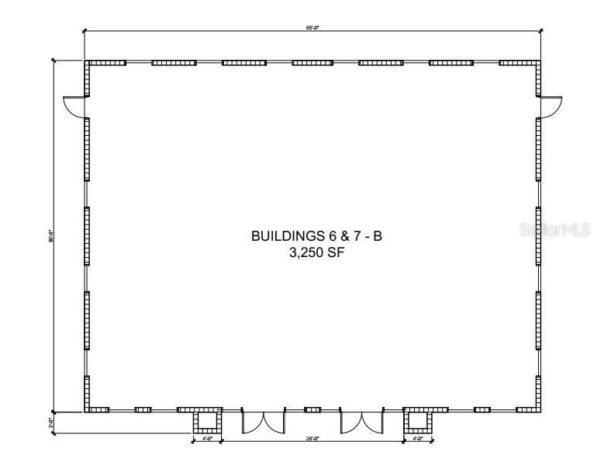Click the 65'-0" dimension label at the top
[312, 28]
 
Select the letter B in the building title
[378, 235]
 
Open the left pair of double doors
[264, 421]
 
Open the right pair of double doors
[362, 421]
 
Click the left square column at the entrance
[206, 422]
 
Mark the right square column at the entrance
[417, 422]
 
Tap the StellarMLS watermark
[555, 230]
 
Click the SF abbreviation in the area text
[333, 252]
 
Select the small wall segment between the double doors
[312, 409]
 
